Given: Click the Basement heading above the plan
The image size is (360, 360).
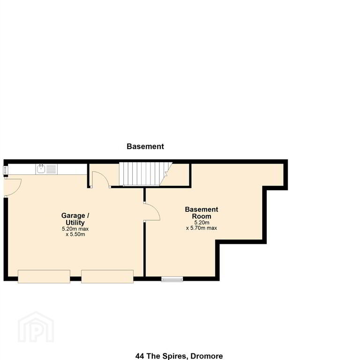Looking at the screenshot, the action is tap(145, 146).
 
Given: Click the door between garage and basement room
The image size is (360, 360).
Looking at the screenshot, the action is tap(152, 212).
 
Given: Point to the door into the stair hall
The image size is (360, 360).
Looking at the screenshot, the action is tap(100, 180).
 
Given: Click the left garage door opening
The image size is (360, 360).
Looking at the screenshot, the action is tap(44, 277).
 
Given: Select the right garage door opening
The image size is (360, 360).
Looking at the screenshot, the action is tap(107, 277).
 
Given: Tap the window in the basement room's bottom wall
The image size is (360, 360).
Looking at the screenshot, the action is tap(172, 279).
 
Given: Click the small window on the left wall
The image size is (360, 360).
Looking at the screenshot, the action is tap(6, 170).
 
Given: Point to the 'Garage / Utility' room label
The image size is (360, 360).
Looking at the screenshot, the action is tap(75, 219).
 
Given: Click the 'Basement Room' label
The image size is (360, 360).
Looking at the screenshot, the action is tap(202, 213).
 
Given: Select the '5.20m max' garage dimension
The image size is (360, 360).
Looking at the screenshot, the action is tap(75, 229).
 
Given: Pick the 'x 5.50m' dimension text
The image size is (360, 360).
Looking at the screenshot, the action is tap(75, 234).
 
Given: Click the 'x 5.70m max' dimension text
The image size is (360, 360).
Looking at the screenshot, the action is tap(202, 228).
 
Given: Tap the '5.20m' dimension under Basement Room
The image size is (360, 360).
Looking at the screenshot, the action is tap(202, 223).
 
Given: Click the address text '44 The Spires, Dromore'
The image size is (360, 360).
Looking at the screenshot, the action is tap(179, 356).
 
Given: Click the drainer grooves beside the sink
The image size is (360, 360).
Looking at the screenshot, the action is tap(51, 169).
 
